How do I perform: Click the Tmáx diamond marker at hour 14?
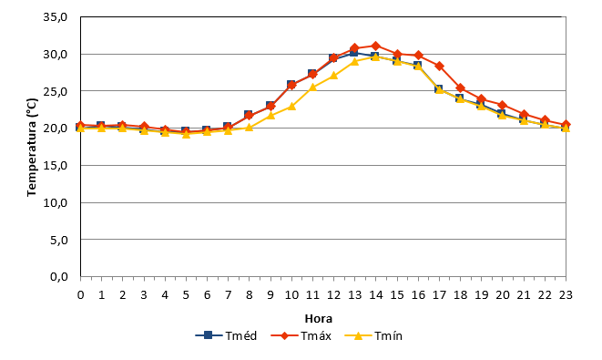tap(376, 46)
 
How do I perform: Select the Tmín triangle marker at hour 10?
tap(291, 106)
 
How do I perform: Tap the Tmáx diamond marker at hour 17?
tap(439, 67)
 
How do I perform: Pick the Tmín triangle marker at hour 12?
tap(333, 76)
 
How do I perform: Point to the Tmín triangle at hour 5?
tap(186, 134)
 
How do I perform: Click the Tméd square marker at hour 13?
tap(353, 52)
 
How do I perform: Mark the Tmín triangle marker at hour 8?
tap(250, 128)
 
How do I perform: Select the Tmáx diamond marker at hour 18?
tap(460, 88)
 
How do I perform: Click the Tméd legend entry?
tap(226, 335)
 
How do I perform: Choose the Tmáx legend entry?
tap(301, 335)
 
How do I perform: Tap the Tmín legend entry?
tap(373, 335)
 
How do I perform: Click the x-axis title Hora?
tap(318, 318)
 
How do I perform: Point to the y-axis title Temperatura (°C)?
tap(32, 148)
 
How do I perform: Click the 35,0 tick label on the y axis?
tap(56, 17)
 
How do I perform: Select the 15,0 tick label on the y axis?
tap(56, 166)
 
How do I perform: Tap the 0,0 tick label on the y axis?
tap(58, 277)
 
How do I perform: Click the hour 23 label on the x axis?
tap(566, 294)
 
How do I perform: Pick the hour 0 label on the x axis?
tap(81, 294)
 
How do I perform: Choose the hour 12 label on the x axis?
tap(333, 294)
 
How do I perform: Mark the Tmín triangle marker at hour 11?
tap(312, 87)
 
